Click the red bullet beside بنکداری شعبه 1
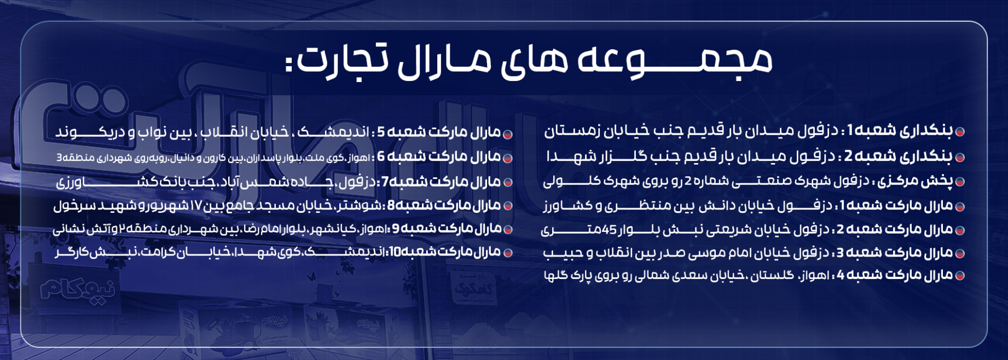coord(959,132)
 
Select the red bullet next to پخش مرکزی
coord(959,182)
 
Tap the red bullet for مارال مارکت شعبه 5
coord(507,134)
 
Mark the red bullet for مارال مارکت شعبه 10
coord(507,253)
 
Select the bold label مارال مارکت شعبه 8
coord(444,206)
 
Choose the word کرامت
coord(161,253)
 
